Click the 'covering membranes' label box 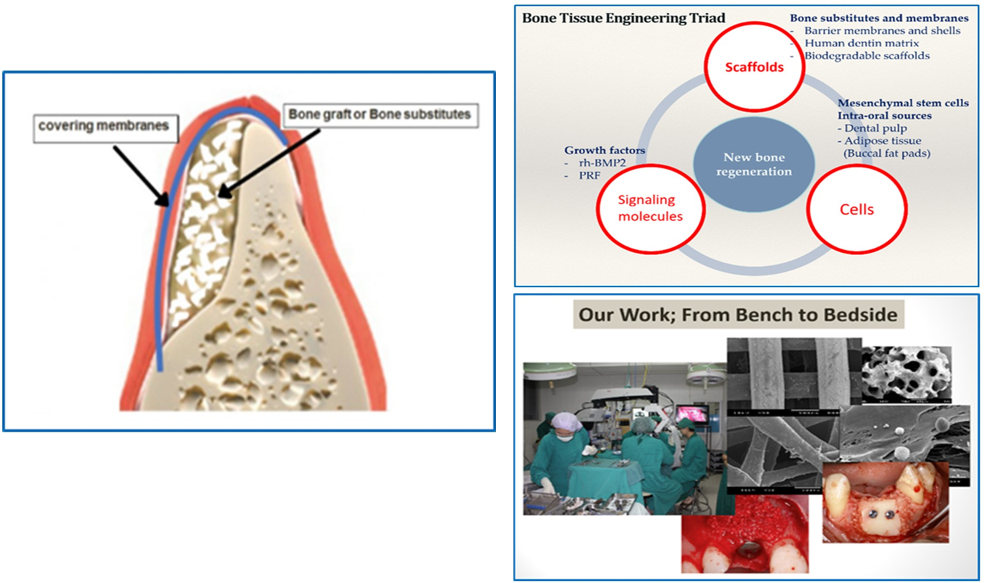pyautogui.click(x=106, y=128)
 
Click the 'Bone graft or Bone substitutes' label pyautogui.click(x=381, y=115)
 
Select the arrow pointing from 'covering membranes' pyautogui.click(x=141, y=176)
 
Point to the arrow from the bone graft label pyautogui.click(x=269, y=163)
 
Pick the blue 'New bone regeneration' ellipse pyautogui.click(x=754, y=164)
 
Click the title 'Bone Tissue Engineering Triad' pyautogui.click(x=624, y=18)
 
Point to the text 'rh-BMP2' pyautogui.click(x=602, y=163)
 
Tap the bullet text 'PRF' pyautogui.click(x=589, y=175)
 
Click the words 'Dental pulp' pyautogui.click(x=876, y=128)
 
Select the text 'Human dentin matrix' pyautogui.click(x=862, y=43)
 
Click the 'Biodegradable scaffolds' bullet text pyautogui.click(x=867, y=56)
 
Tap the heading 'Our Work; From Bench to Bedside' pyautogui.click(x=738, y=315)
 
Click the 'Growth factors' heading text pyautogui.click(x=604, y=151)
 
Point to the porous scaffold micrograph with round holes pyautogui.click(x=907, y=375)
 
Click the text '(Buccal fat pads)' pyautogui.click(x=886, y=153)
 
